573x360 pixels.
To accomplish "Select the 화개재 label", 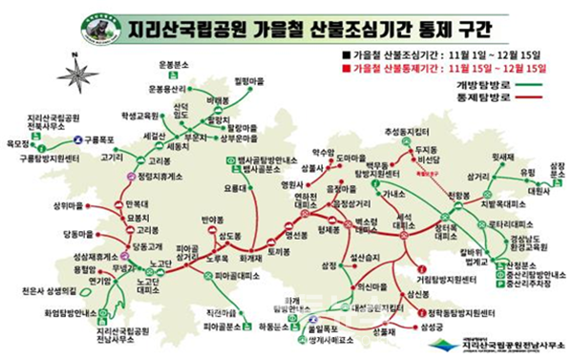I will tap(250, 257).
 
